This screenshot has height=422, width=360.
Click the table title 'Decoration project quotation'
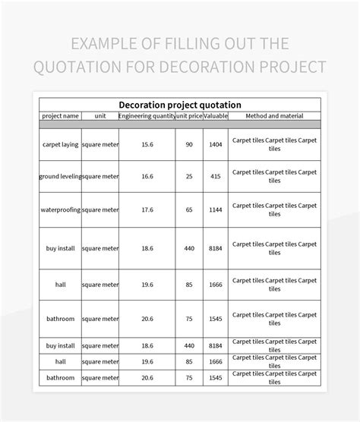tap(180, 105)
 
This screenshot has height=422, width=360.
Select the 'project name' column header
tap(60, 116)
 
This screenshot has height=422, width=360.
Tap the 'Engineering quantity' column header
tap(147, 116)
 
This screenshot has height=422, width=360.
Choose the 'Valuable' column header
tap(215, 116)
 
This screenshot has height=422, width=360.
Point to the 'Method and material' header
tap(275, 116)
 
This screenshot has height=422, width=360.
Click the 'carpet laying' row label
tap(60, 144)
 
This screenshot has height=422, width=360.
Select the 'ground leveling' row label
tap(60, 176)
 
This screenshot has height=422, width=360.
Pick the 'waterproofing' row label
tap(60, 209)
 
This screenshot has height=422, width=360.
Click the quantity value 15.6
tap(147, 144)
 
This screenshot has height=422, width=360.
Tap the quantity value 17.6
tap(147, 209)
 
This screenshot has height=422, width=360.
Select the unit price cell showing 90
tap(189, 144)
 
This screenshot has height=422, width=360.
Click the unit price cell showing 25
tap(189, 176)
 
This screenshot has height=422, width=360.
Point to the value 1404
tap(215, 144)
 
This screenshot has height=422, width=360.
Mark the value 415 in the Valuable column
tap(215, 176)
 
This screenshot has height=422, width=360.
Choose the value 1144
tap(215, 209)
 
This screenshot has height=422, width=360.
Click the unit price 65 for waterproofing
tap(189, 209)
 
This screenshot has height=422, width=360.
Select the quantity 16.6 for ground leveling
tap(147, 176)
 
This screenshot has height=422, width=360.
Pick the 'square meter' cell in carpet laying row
tap(100, 144)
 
